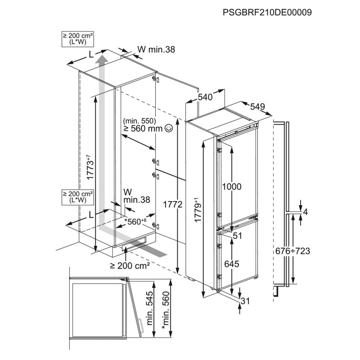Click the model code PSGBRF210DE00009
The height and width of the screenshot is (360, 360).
pyautogui.click(x=267, y=12)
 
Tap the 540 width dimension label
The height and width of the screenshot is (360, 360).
pyautogui.click(x=205, y=97)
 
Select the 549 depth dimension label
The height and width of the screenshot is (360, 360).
pyautogui.click(x=257, y=107)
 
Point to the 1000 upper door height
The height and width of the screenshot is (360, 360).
pyautogui.click(x=232, y=187)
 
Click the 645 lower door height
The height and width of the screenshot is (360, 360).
pyautogui.click(x=232, y=264)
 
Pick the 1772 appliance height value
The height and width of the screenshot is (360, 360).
pyautogui.click(x=173, y=204)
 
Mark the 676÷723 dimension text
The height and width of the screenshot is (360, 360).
pyautogui.click(x=293, y=251)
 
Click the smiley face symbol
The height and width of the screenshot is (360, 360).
pyautogui.click(x=169, y=128)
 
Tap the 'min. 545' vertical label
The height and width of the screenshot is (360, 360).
pyautogui.click(x=150, y=308)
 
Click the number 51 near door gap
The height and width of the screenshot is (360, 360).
pyautogui.click(x=238, y=235)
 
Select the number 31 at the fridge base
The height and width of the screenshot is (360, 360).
pyautogui.click(x=245, y=301)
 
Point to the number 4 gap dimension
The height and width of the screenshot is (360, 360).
pyautogui.click(x=306, y=212)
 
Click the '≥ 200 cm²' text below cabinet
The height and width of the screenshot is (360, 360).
pyautogui.click(x=130, y=265)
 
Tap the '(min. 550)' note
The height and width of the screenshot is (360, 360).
pyautogui.click(x=139, y=121)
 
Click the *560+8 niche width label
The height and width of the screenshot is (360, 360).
pyautogui.click(x=135, y=221)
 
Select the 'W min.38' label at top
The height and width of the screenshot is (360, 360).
pyautogui.click(x=156, y=49)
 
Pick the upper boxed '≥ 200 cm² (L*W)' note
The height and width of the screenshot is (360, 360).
pyautogui.click(x=78, y=39)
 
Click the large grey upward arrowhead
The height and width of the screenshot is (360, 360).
pyautogui.click(x=102, y=59)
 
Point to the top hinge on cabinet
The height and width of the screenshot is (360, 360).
pyautogui.click(x=156, y=79)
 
